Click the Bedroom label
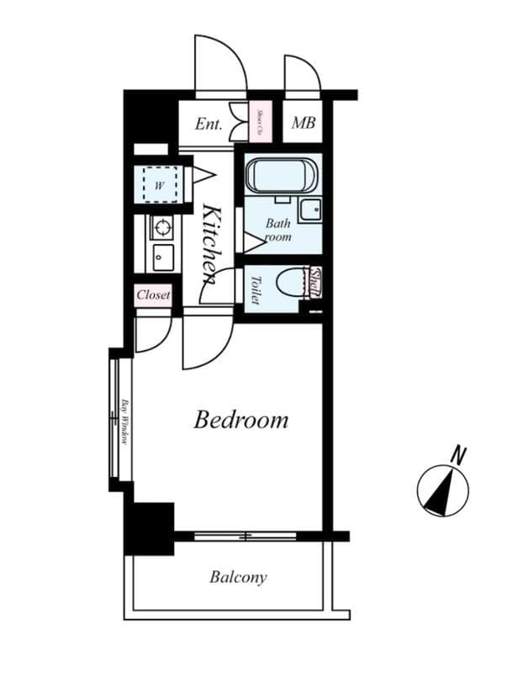[x=240, y=420]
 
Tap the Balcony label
[x=238, y=577]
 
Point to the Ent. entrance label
[x=209, y=125]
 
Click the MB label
[x=303, y=124]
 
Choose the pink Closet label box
[x=154, y=295]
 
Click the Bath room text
[x=277, y=231]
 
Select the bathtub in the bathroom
[x=282, y=177]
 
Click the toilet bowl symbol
[x=293, y=283]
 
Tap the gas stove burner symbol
[x=161, y=226]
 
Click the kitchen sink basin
[x=161, y=257]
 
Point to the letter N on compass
[x=458, y=456]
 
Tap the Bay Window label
[x=124, y=421]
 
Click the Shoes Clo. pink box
[x=260, y=123]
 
